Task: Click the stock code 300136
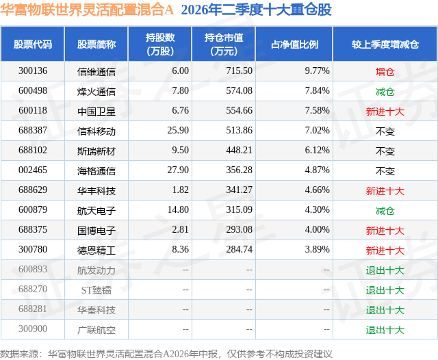coord(33,71)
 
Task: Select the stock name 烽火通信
coord(96,91)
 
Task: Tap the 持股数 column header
coord(160,44)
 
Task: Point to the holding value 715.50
coord(239,71)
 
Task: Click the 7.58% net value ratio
coord(317,111)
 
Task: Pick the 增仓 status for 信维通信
coord(385,72)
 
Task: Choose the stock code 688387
coord(33,131)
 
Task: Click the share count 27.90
coord(178,170)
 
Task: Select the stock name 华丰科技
coord(96,191)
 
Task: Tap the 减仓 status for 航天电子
coord(385,211)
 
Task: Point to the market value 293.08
coord(239,229)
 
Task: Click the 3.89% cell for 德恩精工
coord(317,249)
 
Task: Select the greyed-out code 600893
coord(33,269)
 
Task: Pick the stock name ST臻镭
coord(96,290)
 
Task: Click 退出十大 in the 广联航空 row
coord(385,330)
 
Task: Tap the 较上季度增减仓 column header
coord(385,44)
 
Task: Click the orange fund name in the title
coord(87,10)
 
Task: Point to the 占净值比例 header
coord(294,44)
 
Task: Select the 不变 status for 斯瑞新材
coord(385,151)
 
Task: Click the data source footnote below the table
coord(166,354)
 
